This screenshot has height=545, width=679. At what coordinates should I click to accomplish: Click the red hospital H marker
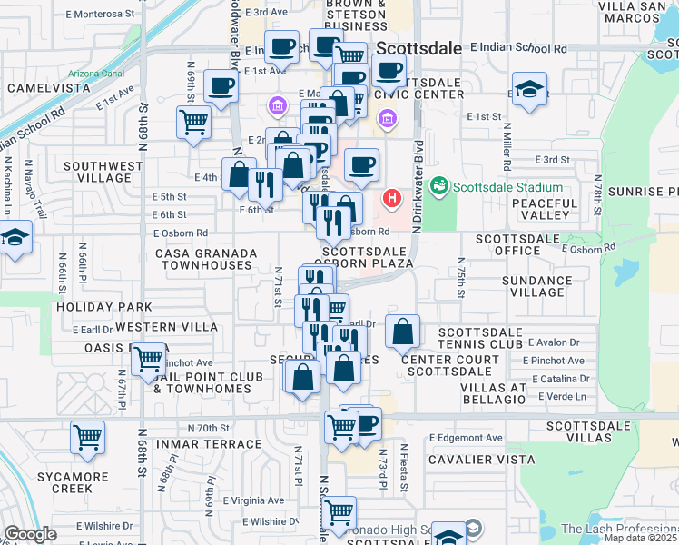(x=392, y=197)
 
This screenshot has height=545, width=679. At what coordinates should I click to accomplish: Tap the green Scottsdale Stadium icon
(x=440, y=186)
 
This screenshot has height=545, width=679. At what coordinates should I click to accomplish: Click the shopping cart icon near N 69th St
(x=193, y=122)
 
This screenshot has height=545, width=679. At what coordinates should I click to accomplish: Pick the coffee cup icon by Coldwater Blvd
(x=221, y=87)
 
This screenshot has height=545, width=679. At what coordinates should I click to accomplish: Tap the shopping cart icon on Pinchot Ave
(x=148, y=360)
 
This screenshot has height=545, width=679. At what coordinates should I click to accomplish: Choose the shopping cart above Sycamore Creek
(x=88, y=438)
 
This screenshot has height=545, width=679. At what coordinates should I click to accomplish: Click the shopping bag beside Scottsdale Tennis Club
(x=402, y=332)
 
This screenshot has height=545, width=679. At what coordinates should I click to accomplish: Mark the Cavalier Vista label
(x=482, y=459)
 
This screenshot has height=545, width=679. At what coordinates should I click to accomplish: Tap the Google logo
(x=30, y=534)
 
